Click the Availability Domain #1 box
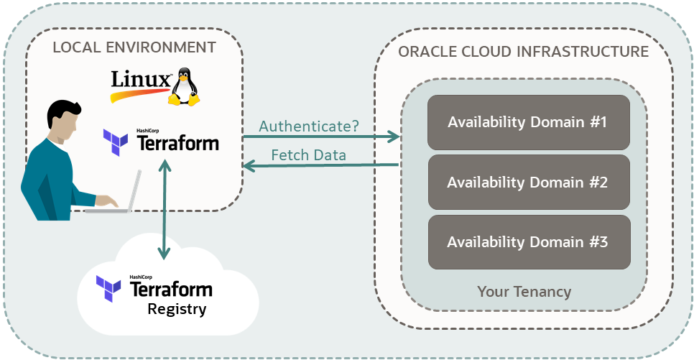[x=528, y=122]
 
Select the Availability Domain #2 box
[x=528, y=183]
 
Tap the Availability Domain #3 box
[x=528, y=242]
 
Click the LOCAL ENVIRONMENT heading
[x=134, y=47]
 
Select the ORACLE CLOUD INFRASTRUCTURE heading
[x=523, y=52]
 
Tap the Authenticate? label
[x=309, y=126]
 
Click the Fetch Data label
[x=308, y=155]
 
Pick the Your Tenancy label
[x=524, y=292]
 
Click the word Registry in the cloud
[x=177, y=310]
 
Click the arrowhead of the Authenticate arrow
[x=394, y=136]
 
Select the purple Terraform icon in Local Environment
[x=116, y=142]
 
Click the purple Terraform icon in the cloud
[x=109, y=288]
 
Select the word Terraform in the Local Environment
[x=177, y=144]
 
